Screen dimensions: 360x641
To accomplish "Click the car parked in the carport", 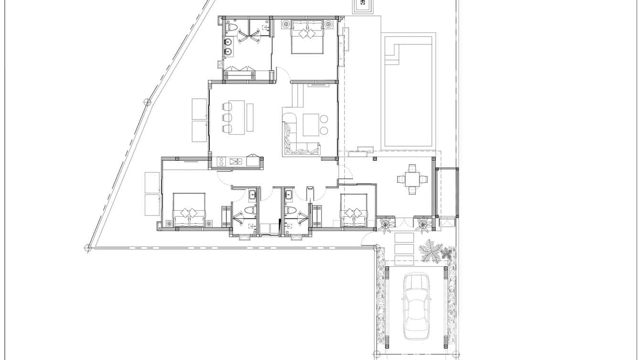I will pyautogui.click(x=416, y=306).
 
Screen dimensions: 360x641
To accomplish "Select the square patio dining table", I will pyautogui.click(x=412, y=180).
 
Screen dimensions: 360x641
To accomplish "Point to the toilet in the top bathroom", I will pyautogui.click(x=231, y=28).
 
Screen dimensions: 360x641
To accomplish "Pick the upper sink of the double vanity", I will pyautogui.click(x=228, y=42).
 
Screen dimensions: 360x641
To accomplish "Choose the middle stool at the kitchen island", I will pyautogui.click(x=227, y=117).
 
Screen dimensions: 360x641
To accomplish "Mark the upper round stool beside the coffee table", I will pyautogui.click(x=324, y=119).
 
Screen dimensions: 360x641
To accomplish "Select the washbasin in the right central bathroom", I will pyautogui.click(x=288, y=195).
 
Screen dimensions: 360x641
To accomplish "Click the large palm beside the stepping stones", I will pyautogui.click(x=431, y=251).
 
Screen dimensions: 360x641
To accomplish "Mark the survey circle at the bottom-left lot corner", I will pyautogui.click(x=88, y=247).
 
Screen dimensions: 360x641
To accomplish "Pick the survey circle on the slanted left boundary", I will pyautogui.click(x=148, y=102).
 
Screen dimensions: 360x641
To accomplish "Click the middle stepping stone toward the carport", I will pyautogui.click(x=404, y=249).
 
